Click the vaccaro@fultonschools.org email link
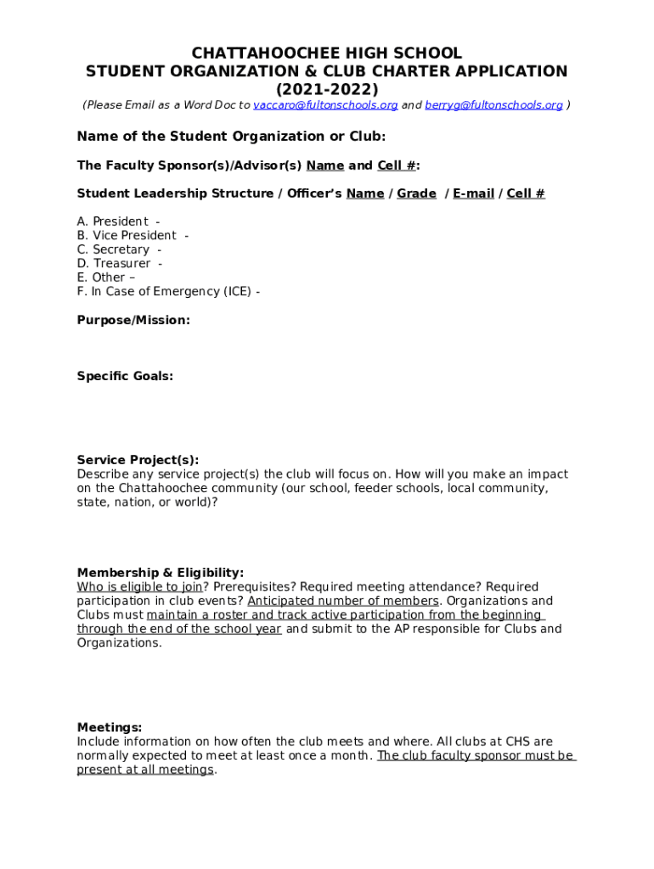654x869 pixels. point(325,105)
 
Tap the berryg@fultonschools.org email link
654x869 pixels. point(493,105)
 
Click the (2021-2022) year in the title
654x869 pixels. point(327,89)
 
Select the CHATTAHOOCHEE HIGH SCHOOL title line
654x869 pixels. point(327,53)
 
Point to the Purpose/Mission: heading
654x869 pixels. point(133,320)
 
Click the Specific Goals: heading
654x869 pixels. point(125,376)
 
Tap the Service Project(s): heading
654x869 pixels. point(138,460)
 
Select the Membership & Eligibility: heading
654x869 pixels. point(161,573)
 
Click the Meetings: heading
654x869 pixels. point(110,727)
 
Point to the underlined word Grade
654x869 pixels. point(416,193)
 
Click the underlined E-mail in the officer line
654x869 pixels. point(473,193)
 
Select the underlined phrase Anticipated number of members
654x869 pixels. point(343,601)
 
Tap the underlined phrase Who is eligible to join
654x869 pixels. point(140,587)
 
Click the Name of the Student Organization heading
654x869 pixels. point(231,137)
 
